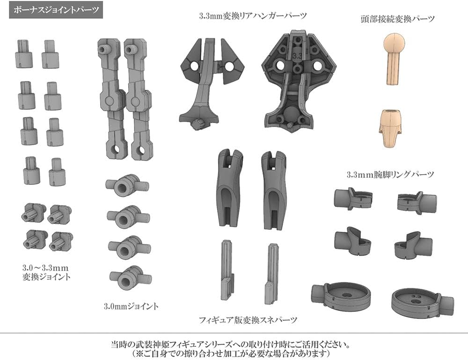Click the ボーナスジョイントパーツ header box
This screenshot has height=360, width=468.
coord(56,9)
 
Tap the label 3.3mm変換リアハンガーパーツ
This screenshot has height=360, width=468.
coord(253,15)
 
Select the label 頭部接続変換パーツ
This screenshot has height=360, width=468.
coord(397,19)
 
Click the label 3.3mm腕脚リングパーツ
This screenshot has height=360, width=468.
coord(390,174)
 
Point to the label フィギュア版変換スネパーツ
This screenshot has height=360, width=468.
coord(248,320)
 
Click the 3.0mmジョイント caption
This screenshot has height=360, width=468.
coord(131,306)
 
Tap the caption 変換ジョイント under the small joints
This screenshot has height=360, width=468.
coord(46,277)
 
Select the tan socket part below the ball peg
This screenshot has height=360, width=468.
coord(390,128)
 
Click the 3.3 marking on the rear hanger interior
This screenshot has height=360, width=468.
coord(297,56)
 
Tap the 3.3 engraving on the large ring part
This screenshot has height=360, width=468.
coord(416,296)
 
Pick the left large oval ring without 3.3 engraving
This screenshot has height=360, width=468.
coord(341,295)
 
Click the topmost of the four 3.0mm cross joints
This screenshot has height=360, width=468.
coord(127,185)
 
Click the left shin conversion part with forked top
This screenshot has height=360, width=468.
coord(229,189)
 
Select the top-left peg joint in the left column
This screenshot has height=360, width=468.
coord(24,54)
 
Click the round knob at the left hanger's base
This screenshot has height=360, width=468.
coord(197,124)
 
